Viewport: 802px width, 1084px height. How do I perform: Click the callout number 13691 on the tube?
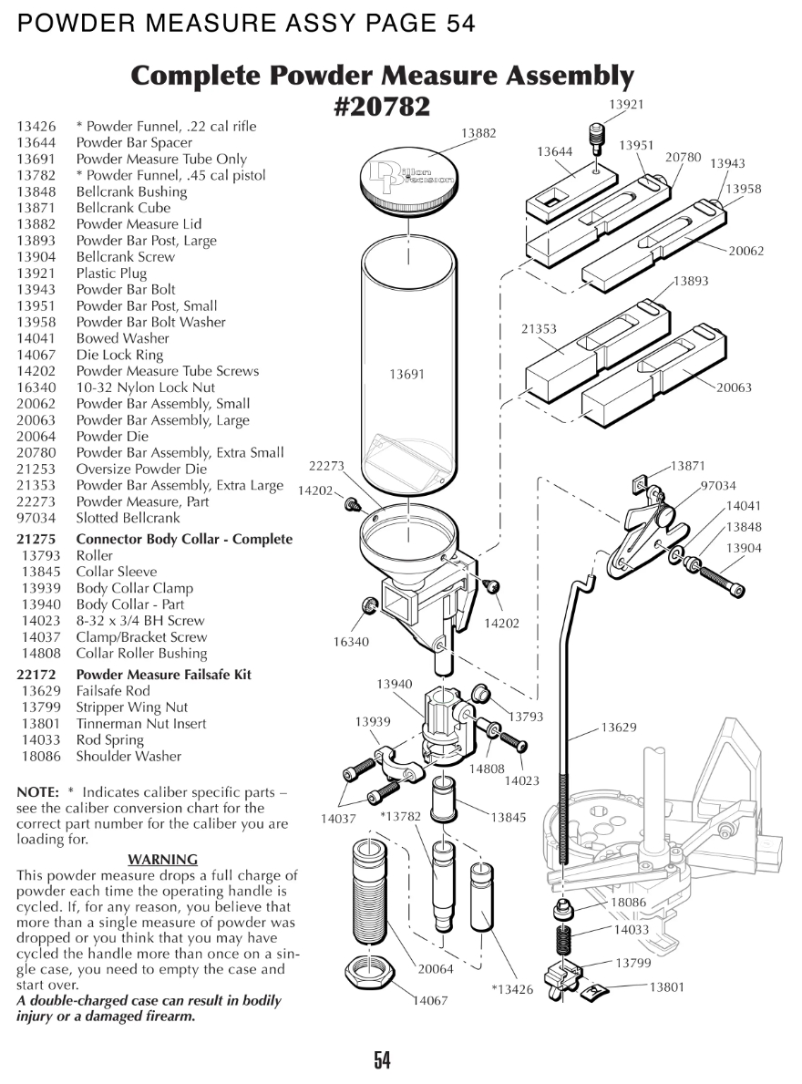(406, 374)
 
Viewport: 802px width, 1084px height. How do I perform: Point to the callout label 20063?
(734, 387)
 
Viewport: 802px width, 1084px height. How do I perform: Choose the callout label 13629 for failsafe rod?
(619, 728)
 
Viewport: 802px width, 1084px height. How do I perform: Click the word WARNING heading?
(162, 859)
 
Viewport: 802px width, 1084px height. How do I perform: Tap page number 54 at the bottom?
(382, 1059)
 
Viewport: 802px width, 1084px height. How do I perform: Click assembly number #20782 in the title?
(383, 107)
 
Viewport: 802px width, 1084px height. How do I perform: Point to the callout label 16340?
(351, 642)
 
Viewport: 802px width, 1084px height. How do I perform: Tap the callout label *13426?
(512, 989)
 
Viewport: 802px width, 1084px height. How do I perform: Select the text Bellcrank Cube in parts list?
(123, 208)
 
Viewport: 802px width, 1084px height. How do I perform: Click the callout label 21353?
(539, 329)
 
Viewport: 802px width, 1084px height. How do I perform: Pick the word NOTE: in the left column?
(38, 792)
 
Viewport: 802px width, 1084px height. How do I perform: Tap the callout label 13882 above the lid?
(478, 133)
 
